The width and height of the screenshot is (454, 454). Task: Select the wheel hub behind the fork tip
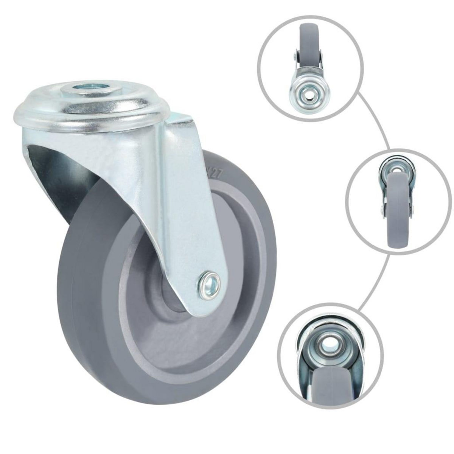(172, 303)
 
